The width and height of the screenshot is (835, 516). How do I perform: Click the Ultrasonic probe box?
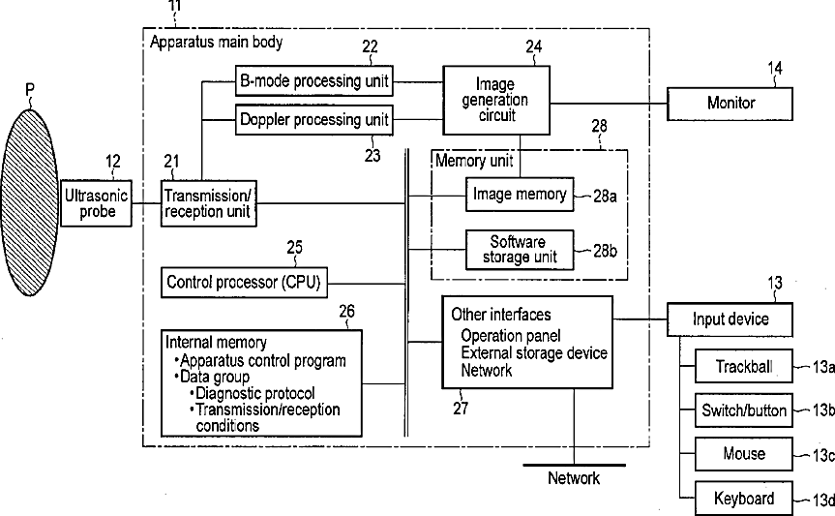[x=96, y=203]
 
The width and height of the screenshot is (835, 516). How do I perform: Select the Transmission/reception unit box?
[x=209, y=203]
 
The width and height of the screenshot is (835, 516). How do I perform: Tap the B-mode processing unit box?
[x=314, y=81]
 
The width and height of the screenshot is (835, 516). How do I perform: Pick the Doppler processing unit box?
[x=314, y=119]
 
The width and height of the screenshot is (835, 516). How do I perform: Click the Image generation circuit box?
[x=496, y=100]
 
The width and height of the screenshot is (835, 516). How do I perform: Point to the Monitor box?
[x=730, y=104]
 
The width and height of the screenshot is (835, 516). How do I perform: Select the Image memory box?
[x=520, y=194]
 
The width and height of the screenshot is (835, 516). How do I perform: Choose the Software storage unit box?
[x=520, y=250]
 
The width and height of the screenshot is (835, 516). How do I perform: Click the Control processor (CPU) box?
[x=244, y=282]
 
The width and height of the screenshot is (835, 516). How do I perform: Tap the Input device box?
[x=730, y=319]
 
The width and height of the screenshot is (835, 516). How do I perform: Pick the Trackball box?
[x=744, y=366]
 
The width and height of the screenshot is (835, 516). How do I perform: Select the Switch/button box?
[x=744, y=410]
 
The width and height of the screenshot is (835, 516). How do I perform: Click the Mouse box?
[x=744, y=454]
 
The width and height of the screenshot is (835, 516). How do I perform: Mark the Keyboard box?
[x=744, y=498]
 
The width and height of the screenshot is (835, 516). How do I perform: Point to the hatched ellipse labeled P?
[x=30, y=202]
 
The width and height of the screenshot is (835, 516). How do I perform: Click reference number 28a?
[x=605, y=197]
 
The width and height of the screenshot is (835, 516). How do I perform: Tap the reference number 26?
[x=346, y=311]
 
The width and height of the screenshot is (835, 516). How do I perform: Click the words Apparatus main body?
[x=216, y=42]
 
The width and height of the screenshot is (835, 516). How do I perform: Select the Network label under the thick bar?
[x=574, y=478]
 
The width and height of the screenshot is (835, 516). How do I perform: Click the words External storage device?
[x=534, y=353]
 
